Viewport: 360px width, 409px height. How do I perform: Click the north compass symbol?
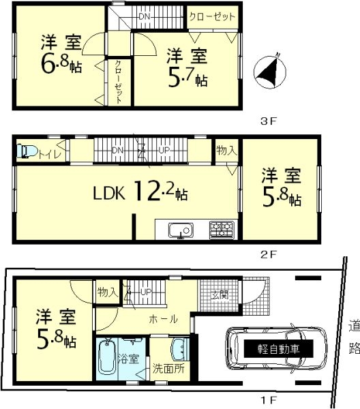click(x=270, y=71)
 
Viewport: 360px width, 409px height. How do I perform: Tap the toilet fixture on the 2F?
click(x=27, y=151)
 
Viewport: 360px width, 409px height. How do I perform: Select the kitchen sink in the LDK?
click(x=181, y=231)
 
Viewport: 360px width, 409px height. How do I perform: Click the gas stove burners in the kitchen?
click(x=222, y=229)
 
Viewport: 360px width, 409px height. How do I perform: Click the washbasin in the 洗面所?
click(x=180, y=350)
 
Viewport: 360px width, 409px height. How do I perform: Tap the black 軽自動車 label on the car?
click(x=278, y=348)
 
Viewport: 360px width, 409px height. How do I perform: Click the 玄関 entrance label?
click(x=220, y=295)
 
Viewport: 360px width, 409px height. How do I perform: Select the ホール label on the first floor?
click(x=164, y=319)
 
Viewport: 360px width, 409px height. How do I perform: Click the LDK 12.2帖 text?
click(x=140, y=192)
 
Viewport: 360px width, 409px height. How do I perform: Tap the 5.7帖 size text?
click(x=187, y=78)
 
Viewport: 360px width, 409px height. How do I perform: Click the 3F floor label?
click(x=269, y=121)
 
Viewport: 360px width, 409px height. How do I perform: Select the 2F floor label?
click(x=269, y=254)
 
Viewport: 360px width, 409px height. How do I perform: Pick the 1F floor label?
click(x=269, y=399)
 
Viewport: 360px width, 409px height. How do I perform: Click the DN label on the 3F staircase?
click(x=145, y=16)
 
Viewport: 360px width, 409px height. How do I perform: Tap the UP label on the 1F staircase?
click(x=146, y=292)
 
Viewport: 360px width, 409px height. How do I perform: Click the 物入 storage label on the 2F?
click(x=226, y=151)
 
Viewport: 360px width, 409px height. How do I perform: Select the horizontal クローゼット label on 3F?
click(x=212, y=16)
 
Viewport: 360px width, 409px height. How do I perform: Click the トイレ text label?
click(x=50, y=154)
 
